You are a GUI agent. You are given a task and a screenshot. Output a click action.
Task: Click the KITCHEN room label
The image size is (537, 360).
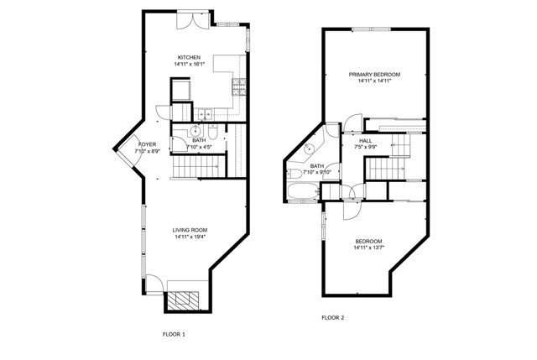[x=189, y=57]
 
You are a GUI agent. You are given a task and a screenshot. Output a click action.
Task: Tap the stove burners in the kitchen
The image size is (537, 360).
[x=239, y=83]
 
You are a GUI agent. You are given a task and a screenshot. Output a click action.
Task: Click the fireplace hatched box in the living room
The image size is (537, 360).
[x=182, y=300]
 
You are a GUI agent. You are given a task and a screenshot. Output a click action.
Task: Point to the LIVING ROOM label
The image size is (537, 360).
[x=190, y=230]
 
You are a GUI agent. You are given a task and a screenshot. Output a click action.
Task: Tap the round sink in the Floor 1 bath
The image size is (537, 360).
[x=195, y=131]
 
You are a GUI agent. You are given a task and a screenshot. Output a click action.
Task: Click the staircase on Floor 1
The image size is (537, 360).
[x=189, y=170]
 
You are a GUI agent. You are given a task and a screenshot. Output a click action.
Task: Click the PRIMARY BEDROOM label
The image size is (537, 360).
[x=374, y=75]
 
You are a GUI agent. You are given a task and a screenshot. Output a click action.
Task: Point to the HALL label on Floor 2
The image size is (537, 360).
[x=366, y=140]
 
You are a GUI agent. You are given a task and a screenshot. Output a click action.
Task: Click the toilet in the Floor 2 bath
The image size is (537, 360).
[x=297, y=174]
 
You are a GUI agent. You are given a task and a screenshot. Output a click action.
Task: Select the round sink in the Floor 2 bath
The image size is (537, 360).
[x=310, y=149]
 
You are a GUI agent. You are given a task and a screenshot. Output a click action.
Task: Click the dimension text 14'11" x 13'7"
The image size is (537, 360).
[x=368, y=248]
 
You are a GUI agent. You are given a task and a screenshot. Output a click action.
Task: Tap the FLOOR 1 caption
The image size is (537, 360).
[x=174, y=334]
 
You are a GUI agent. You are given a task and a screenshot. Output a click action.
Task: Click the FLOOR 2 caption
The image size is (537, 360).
[x=333, y=318]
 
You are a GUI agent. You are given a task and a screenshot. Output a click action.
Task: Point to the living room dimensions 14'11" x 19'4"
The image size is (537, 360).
[x=190, y=237]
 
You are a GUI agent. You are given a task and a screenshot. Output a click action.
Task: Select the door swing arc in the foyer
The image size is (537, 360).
[x=126, y=151]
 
